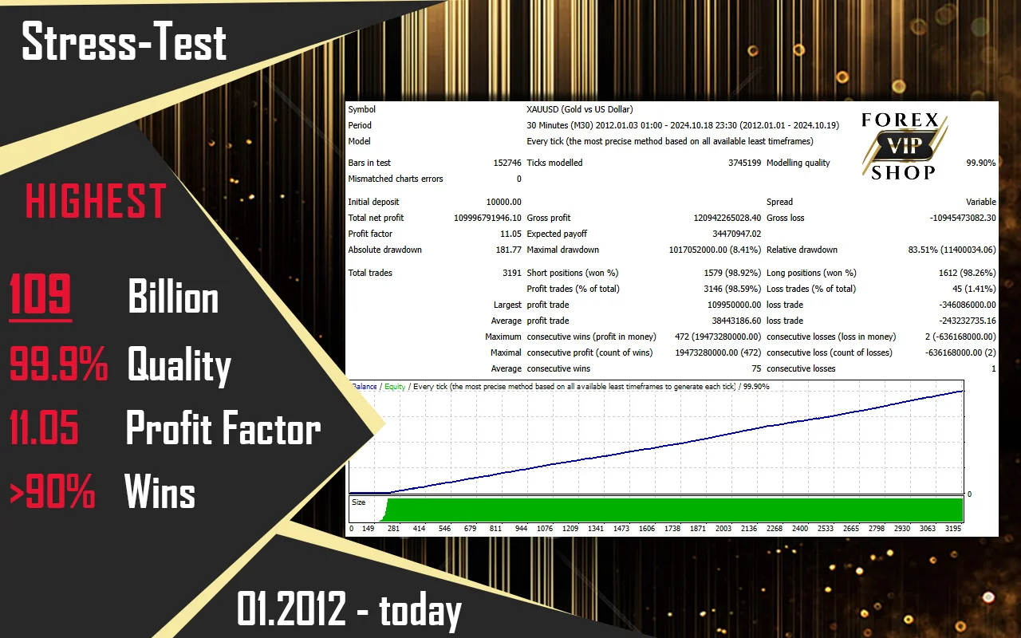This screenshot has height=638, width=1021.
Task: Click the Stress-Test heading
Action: click(x=124, y=42)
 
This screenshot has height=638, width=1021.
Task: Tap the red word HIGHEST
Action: click(x=96, y=201)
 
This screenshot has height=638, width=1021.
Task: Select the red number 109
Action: click(x=40, y=294)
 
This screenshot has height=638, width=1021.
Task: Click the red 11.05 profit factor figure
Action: click(x=44, y=427)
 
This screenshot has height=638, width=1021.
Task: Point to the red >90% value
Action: click(x=52, y=490)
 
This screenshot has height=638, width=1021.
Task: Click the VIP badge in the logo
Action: click(x=905, y=146)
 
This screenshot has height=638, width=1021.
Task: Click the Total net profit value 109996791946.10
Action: click(x=487, y=218)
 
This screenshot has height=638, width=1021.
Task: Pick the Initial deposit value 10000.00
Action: click(x=503, y=202)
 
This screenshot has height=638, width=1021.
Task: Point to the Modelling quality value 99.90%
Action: click(x=981, y=163)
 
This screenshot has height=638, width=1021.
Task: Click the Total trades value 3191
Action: click(x=512, y=273)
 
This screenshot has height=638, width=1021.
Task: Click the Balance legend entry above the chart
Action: click(x=365, y=387)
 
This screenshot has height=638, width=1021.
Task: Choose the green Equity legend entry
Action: click(x=395, y=387)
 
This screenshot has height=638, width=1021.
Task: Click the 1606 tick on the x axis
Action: click(x=646, y=529)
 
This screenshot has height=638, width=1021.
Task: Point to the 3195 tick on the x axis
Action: click(x=952, y=529)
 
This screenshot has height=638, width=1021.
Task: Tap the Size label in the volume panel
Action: click(x=359, y=502)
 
